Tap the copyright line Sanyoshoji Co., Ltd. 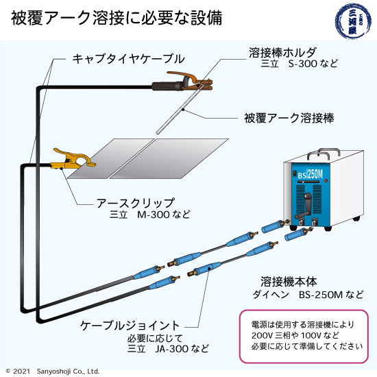click(x=51, y=371)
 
